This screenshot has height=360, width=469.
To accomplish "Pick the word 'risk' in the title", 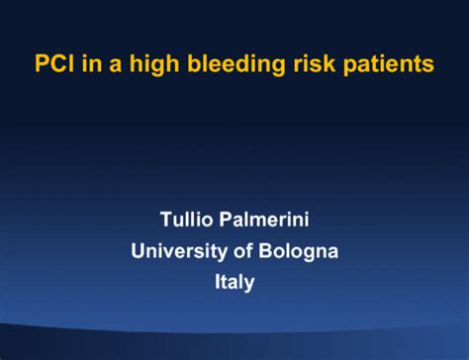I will pos(306,65).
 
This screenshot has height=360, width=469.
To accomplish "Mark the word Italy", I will pos(234,282).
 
